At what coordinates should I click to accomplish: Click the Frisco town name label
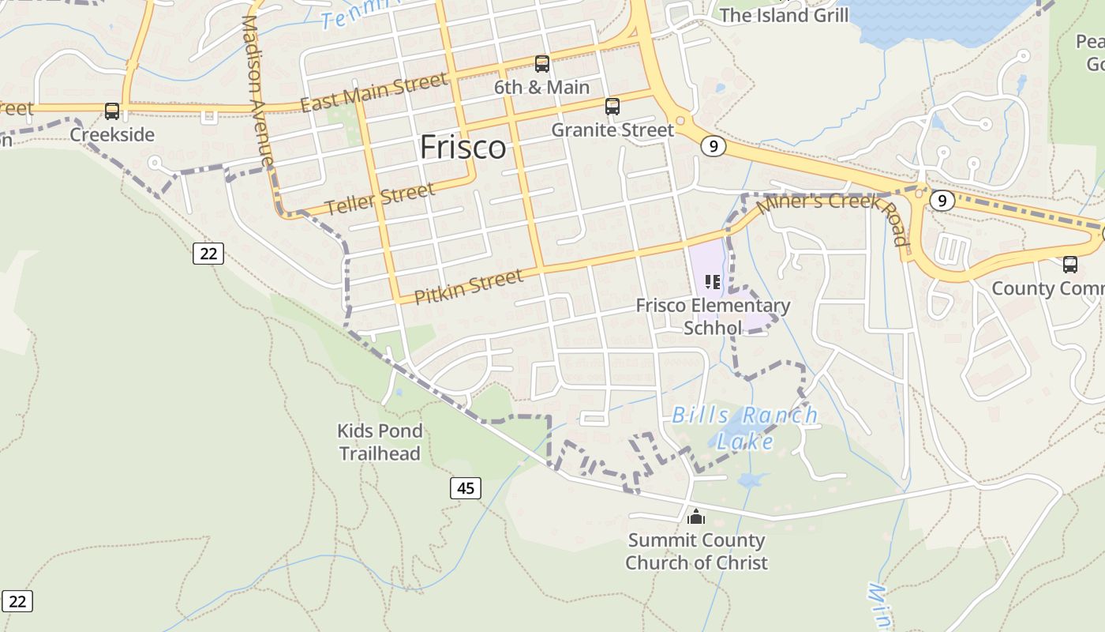[463, 148]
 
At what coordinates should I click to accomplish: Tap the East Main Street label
[374, 92]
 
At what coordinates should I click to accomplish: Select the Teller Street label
[379, 198]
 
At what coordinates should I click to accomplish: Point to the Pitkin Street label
[468, 286]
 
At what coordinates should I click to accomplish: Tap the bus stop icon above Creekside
[112, 111]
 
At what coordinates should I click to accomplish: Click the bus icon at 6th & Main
[541, 64]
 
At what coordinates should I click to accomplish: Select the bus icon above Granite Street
[612, 107]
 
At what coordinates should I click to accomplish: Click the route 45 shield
[466, 488]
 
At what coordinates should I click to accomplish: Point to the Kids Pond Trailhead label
[380, 442]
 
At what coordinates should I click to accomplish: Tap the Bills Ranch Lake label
[744, 427]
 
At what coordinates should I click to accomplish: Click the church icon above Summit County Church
[695, 517]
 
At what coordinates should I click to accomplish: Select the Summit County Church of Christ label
[696, 551]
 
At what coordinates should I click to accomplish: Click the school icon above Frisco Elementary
[713, 282]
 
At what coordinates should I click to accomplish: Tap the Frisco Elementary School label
[713, 316]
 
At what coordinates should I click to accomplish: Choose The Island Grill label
[784, 15]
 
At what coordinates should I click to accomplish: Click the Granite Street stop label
[612, 130]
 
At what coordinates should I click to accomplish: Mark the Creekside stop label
[112, 134]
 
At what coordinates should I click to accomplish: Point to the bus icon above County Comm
[1069, 265]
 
